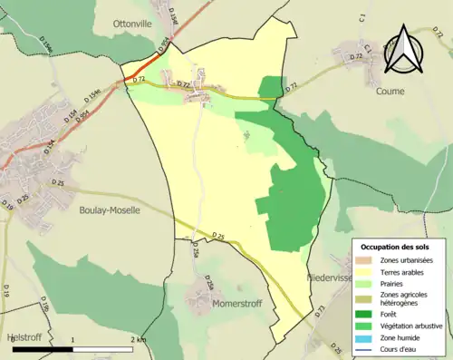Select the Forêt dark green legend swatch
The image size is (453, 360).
click(366, 313)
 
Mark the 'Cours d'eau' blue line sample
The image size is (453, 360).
click(366, 349)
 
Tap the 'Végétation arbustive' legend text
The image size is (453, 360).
click(416, 326)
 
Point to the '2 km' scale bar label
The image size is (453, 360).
click(139, 339)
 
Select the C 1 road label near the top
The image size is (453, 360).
click(361, 17)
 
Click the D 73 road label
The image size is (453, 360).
click(320, 313)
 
